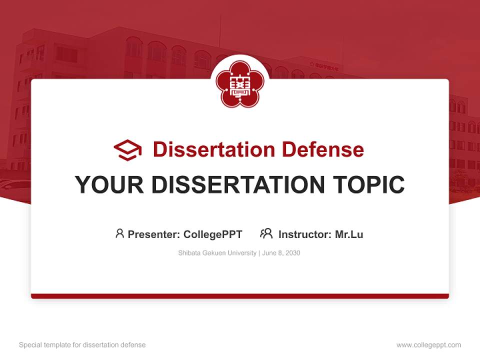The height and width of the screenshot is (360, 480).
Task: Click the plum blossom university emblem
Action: (x=240, y=84)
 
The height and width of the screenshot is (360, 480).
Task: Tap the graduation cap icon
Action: (x=128, y=150)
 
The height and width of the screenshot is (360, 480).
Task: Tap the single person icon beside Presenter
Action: (x=119, y=233)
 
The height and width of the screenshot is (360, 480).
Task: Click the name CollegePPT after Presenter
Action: (x=213, y=234)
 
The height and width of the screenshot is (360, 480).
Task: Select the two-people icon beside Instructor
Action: (x=266, y=233)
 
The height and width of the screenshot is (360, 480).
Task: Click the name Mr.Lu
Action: (x=349, y=234)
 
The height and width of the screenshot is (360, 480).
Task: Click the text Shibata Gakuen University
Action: (x=217, y=253)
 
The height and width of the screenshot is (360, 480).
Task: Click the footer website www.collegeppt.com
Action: (x=428, y=345)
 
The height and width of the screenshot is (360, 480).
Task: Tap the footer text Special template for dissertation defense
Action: (x=82, y=345)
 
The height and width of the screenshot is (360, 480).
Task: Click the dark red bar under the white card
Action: (x=240, y=296)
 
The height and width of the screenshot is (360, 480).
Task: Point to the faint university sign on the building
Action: (x=324, y=65)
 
